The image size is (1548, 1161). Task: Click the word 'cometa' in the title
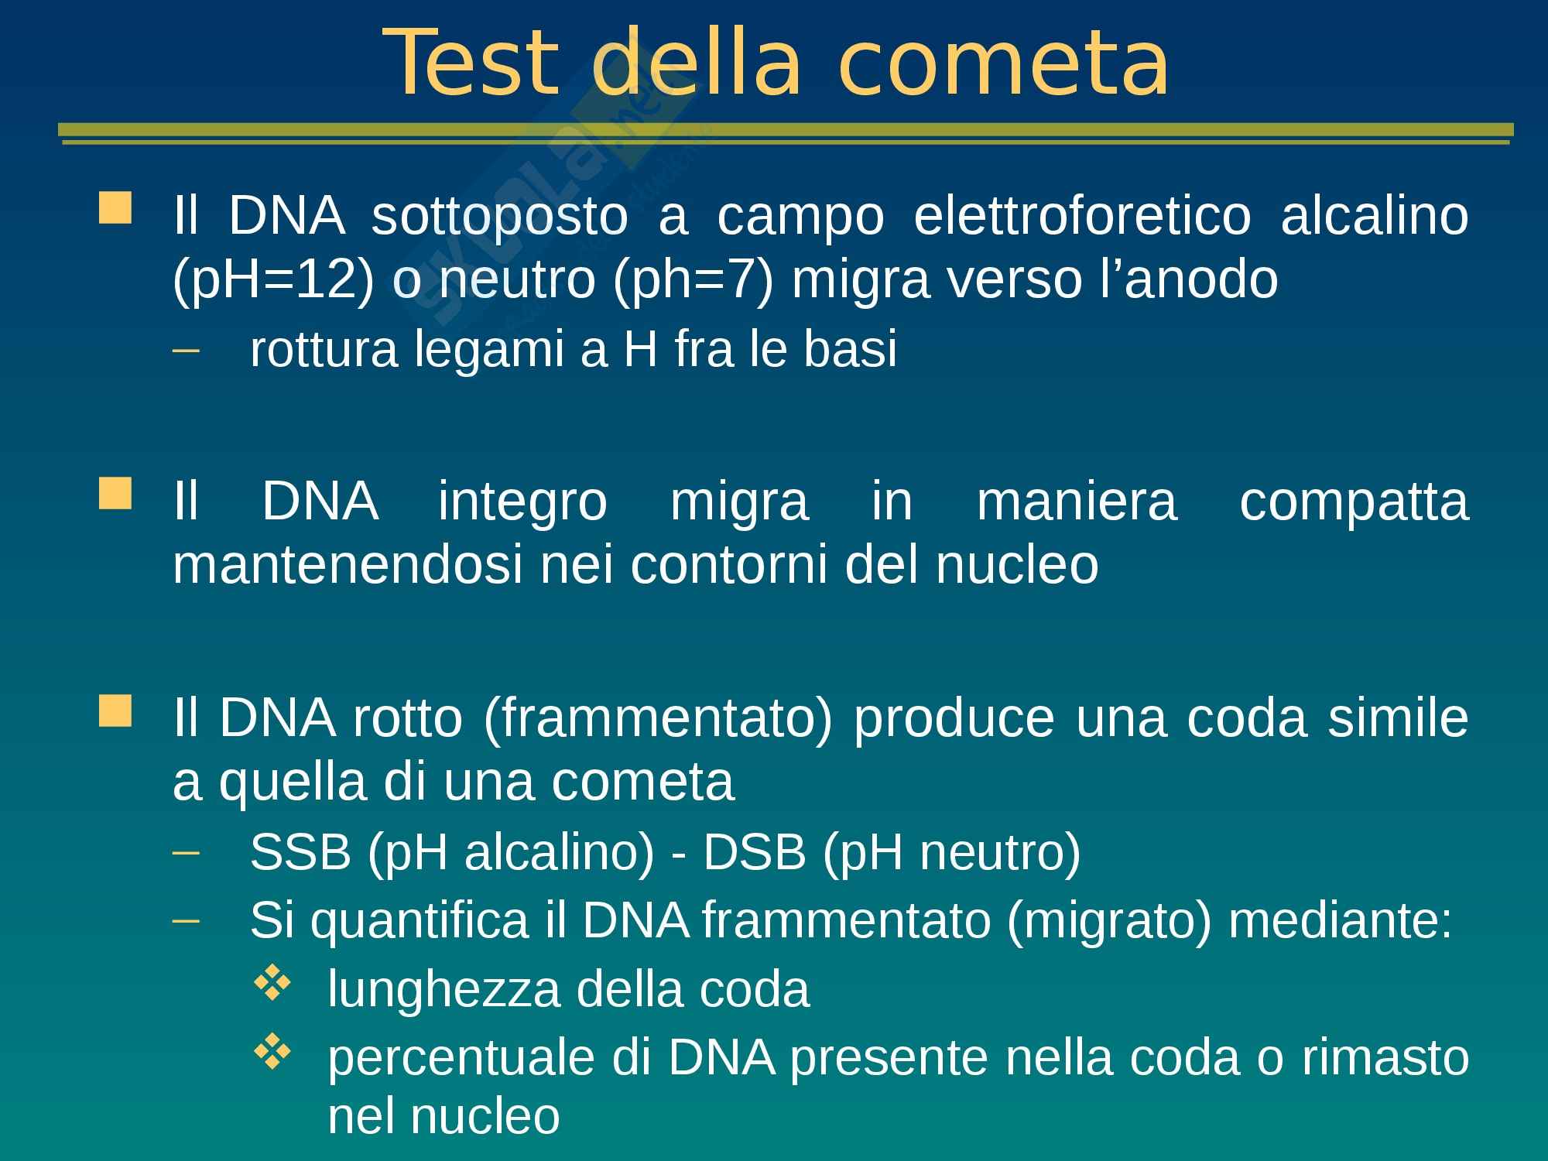tap(1003, 65)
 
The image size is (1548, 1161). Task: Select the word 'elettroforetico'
tap(1082, 215)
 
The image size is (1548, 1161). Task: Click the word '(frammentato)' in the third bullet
tap(658, 719)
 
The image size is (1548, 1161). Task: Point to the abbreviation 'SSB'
tap(301, 853)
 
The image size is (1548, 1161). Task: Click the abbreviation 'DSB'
tap(754, 853)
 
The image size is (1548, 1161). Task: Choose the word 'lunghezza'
tap(444, 991)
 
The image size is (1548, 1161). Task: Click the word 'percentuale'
tap(461, 1059)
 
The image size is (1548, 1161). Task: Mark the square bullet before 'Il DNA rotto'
tap(115, 710)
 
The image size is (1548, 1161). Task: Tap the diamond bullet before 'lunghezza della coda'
tap(272, 985)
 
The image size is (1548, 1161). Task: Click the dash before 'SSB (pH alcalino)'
tap(186, 854)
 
